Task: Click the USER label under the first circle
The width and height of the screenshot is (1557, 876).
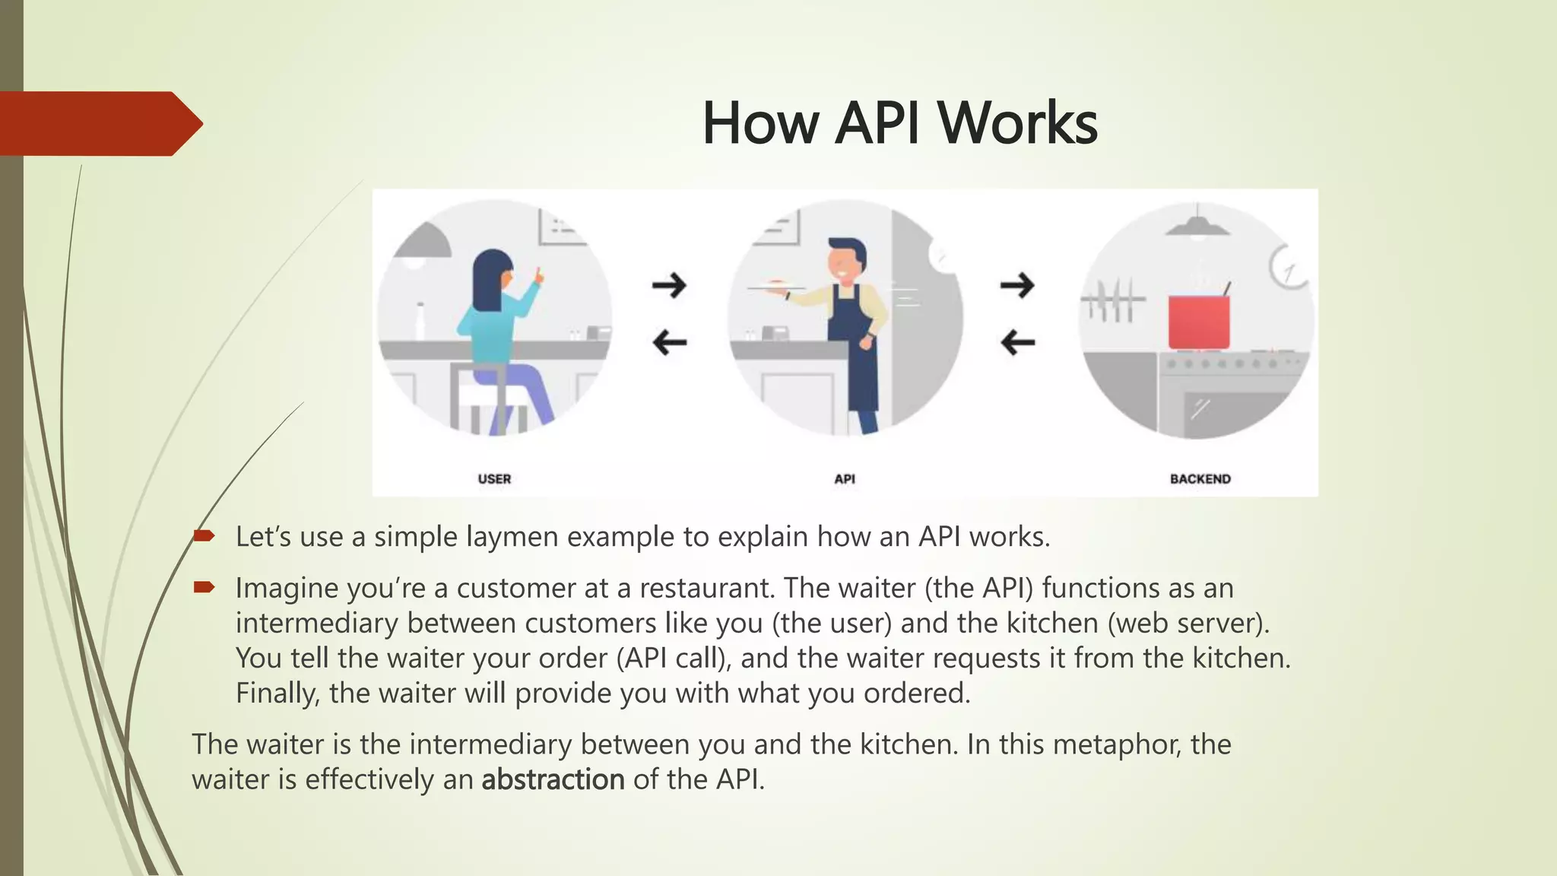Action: click(494, 479)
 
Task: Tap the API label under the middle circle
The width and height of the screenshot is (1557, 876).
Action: click(845, 479)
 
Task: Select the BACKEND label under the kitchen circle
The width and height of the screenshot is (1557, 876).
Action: click(1200, 479)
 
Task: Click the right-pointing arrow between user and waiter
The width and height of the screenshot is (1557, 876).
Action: click(669, 285)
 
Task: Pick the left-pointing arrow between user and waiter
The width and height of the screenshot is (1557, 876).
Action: click(669, 342)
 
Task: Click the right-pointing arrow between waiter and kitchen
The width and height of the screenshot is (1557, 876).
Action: click(1017, 285)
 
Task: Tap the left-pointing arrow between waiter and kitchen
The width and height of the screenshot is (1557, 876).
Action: click(1017, 342)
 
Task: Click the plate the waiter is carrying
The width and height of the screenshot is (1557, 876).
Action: click(775, 286)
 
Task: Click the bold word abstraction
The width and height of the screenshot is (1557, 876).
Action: click(553, 779)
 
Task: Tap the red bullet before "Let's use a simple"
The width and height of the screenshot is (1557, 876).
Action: click(204, 536)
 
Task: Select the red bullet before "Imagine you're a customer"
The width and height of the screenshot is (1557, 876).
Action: click(204, 587)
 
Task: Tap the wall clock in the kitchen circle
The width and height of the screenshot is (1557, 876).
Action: click(1287, 267)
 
